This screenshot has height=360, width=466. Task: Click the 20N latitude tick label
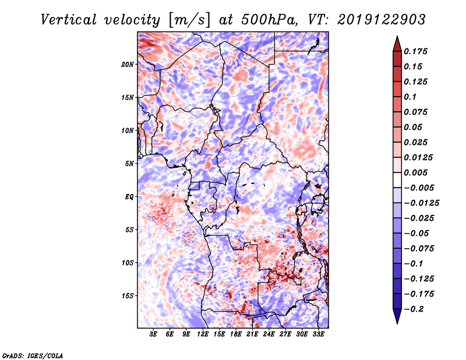128,64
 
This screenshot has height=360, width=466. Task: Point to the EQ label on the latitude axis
129,197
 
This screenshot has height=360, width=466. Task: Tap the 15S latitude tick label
128,296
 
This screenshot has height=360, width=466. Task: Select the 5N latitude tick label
129,164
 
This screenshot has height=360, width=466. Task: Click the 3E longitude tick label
154,334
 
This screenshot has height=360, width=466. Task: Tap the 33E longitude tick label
319,334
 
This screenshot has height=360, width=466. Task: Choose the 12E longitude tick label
203,334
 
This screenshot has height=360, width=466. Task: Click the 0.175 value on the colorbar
417,51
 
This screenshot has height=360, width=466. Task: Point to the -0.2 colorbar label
415,309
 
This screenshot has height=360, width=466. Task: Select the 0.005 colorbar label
417,172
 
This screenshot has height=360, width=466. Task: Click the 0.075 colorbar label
417,112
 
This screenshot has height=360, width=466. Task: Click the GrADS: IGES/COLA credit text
32,354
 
